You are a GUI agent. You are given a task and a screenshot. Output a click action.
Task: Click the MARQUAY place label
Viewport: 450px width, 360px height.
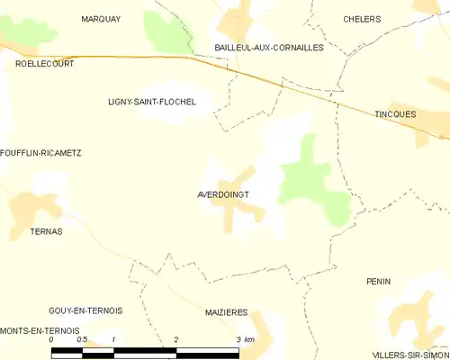[101, 19]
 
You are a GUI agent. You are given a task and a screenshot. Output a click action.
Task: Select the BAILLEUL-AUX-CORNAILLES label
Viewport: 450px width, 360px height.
[268, 47]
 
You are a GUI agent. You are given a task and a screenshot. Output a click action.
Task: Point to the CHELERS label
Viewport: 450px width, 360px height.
[362, 19]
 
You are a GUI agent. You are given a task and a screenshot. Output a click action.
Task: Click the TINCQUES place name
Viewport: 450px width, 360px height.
[395, 114]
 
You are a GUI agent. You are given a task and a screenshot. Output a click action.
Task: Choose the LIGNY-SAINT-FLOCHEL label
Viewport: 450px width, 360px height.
[151, 103]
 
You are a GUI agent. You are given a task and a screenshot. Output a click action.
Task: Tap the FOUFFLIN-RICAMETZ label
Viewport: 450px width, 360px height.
[41, 153]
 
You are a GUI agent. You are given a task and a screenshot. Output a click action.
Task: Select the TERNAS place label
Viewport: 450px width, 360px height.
[45, 231]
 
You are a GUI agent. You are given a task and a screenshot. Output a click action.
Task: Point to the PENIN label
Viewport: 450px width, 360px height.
[379, 282]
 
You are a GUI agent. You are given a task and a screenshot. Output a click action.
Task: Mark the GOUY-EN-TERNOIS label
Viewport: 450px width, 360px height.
[86, 310]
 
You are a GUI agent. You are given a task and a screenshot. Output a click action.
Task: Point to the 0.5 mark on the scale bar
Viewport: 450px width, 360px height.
[82, 339]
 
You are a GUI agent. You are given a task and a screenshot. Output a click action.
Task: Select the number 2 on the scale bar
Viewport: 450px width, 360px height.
[176, 339]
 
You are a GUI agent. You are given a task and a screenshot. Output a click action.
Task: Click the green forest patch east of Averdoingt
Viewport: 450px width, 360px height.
[310, 180]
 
